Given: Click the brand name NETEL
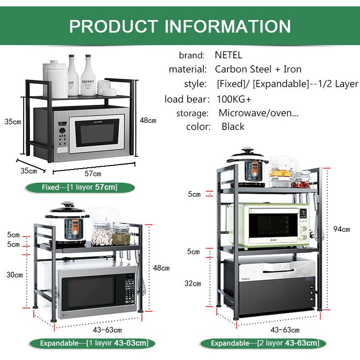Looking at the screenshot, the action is [x=228, y=56].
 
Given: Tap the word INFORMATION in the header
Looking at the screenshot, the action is [x=228, y=26].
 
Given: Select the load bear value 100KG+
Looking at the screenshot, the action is [x=233, y=99].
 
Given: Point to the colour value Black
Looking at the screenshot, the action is [x=233, y=127].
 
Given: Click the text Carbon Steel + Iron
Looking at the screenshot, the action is [x=258, y=70].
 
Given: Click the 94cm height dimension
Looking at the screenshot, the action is [x=341, y=229].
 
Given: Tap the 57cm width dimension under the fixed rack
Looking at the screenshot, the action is [x=93, y=174].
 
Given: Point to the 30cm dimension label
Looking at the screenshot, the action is [x=15, y=275].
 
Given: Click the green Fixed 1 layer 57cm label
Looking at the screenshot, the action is [x=80, y=187].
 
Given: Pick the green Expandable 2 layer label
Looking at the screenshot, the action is [x=265, y=343].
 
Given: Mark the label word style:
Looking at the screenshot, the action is [x=195, y=84].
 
